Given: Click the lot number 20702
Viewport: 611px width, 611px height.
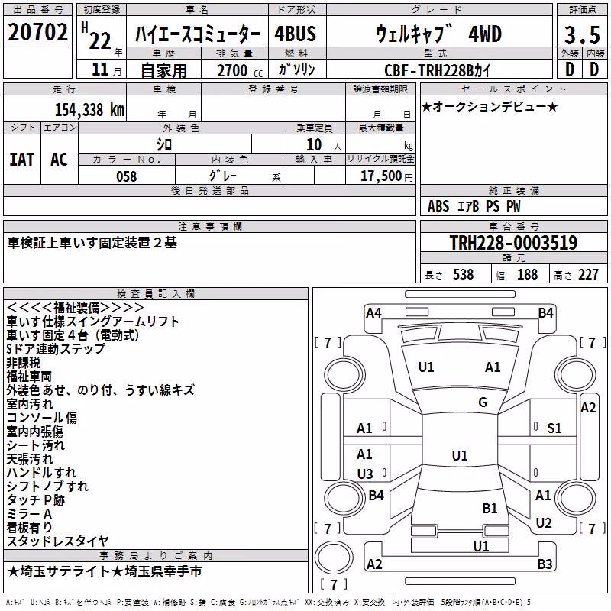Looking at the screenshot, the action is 37,32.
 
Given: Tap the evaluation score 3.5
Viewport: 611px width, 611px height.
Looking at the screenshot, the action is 582,34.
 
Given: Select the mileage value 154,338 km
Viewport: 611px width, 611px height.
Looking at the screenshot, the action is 89,109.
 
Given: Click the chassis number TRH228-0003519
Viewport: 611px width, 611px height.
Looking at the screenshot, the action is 513,242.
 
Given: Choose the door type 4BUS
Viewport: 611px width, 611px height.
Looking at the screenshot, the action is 295,34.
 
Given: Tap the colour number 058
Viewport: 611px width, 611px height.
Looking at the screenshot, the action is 127,176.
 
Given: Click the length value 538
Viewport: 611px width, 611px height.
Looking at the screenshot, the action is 464,275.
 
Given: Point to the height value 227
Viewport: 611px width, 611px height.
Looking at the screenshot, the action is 588,275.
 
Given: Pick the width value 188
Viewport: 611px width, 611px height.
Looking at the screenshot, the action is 527,275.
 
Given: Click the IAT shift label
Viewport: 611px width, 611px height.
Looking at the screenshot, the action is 22,160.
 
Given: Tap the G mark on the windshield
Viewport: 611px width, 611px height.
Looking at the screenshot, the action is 483,402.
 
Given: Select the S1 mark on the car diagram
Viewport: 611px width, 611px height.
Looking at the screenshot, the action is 554,428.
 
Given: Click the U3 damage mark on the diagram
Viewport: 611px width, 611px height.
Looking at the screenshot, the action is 365,474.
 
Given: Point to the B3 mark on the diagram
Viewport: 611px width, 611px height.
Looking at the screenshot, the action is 545,564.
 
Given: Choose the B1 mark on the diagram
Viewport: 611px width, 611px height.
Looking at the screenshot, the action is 490,509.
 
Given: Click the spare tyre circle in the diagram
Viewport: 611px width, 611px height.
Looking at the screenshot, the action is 334,558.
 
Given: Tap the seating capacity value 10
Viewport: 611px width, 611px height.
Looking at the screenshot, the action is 314,145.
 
